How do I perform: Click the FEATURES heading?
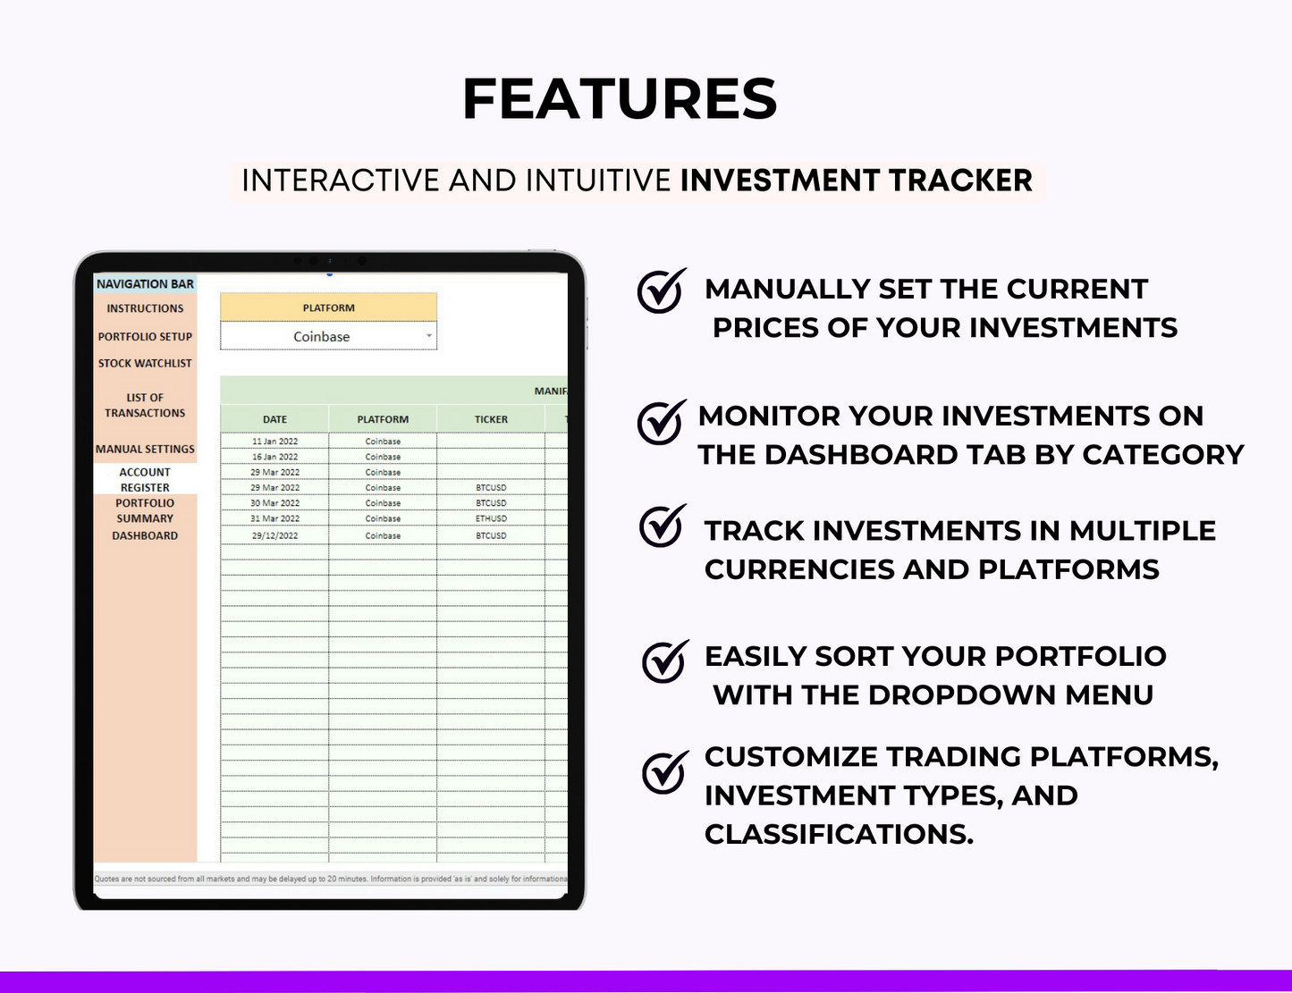click(x=620, y=98)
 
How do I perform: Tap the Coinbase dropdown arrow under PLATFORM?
click(x=429, y=336)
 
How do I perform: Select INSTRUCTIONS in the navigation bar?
click(x=145, y=308)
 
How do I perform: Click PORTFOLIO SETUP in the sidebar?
click(x=145, y=337)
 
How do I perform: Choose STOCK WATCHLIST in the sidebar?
click(x=145, y=364)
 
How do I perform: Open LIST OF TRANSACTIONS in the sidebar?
click(x=145, y=405)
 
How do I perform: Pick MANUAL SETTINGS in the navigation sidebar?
click(x=145, y=449)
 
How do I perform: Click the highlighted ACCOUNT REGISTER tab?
click(x=145, y=480)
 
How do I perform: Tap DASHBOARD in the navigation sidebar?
click(x=145, y=535)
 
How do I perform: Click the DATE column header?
click(x=274, y=419)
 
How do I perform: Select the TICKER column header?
click(x=491, y=419)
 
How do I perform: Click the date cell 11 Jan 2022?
click(x=274, y=442)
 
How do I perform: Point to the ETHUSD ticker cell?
click(x=491, y=518)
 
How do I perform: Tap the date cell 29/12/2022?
click(x=274, y=535)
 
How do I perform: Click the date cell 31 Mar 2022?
click(x=274, y=518)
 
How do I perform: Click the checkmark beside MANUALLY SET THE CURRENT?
click(x=661, y=290)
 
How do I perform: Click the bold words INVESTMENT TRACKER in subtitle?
click(x=856, y=181)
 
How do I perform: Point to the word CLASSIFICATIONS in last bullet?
click(x=838, y=834)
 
